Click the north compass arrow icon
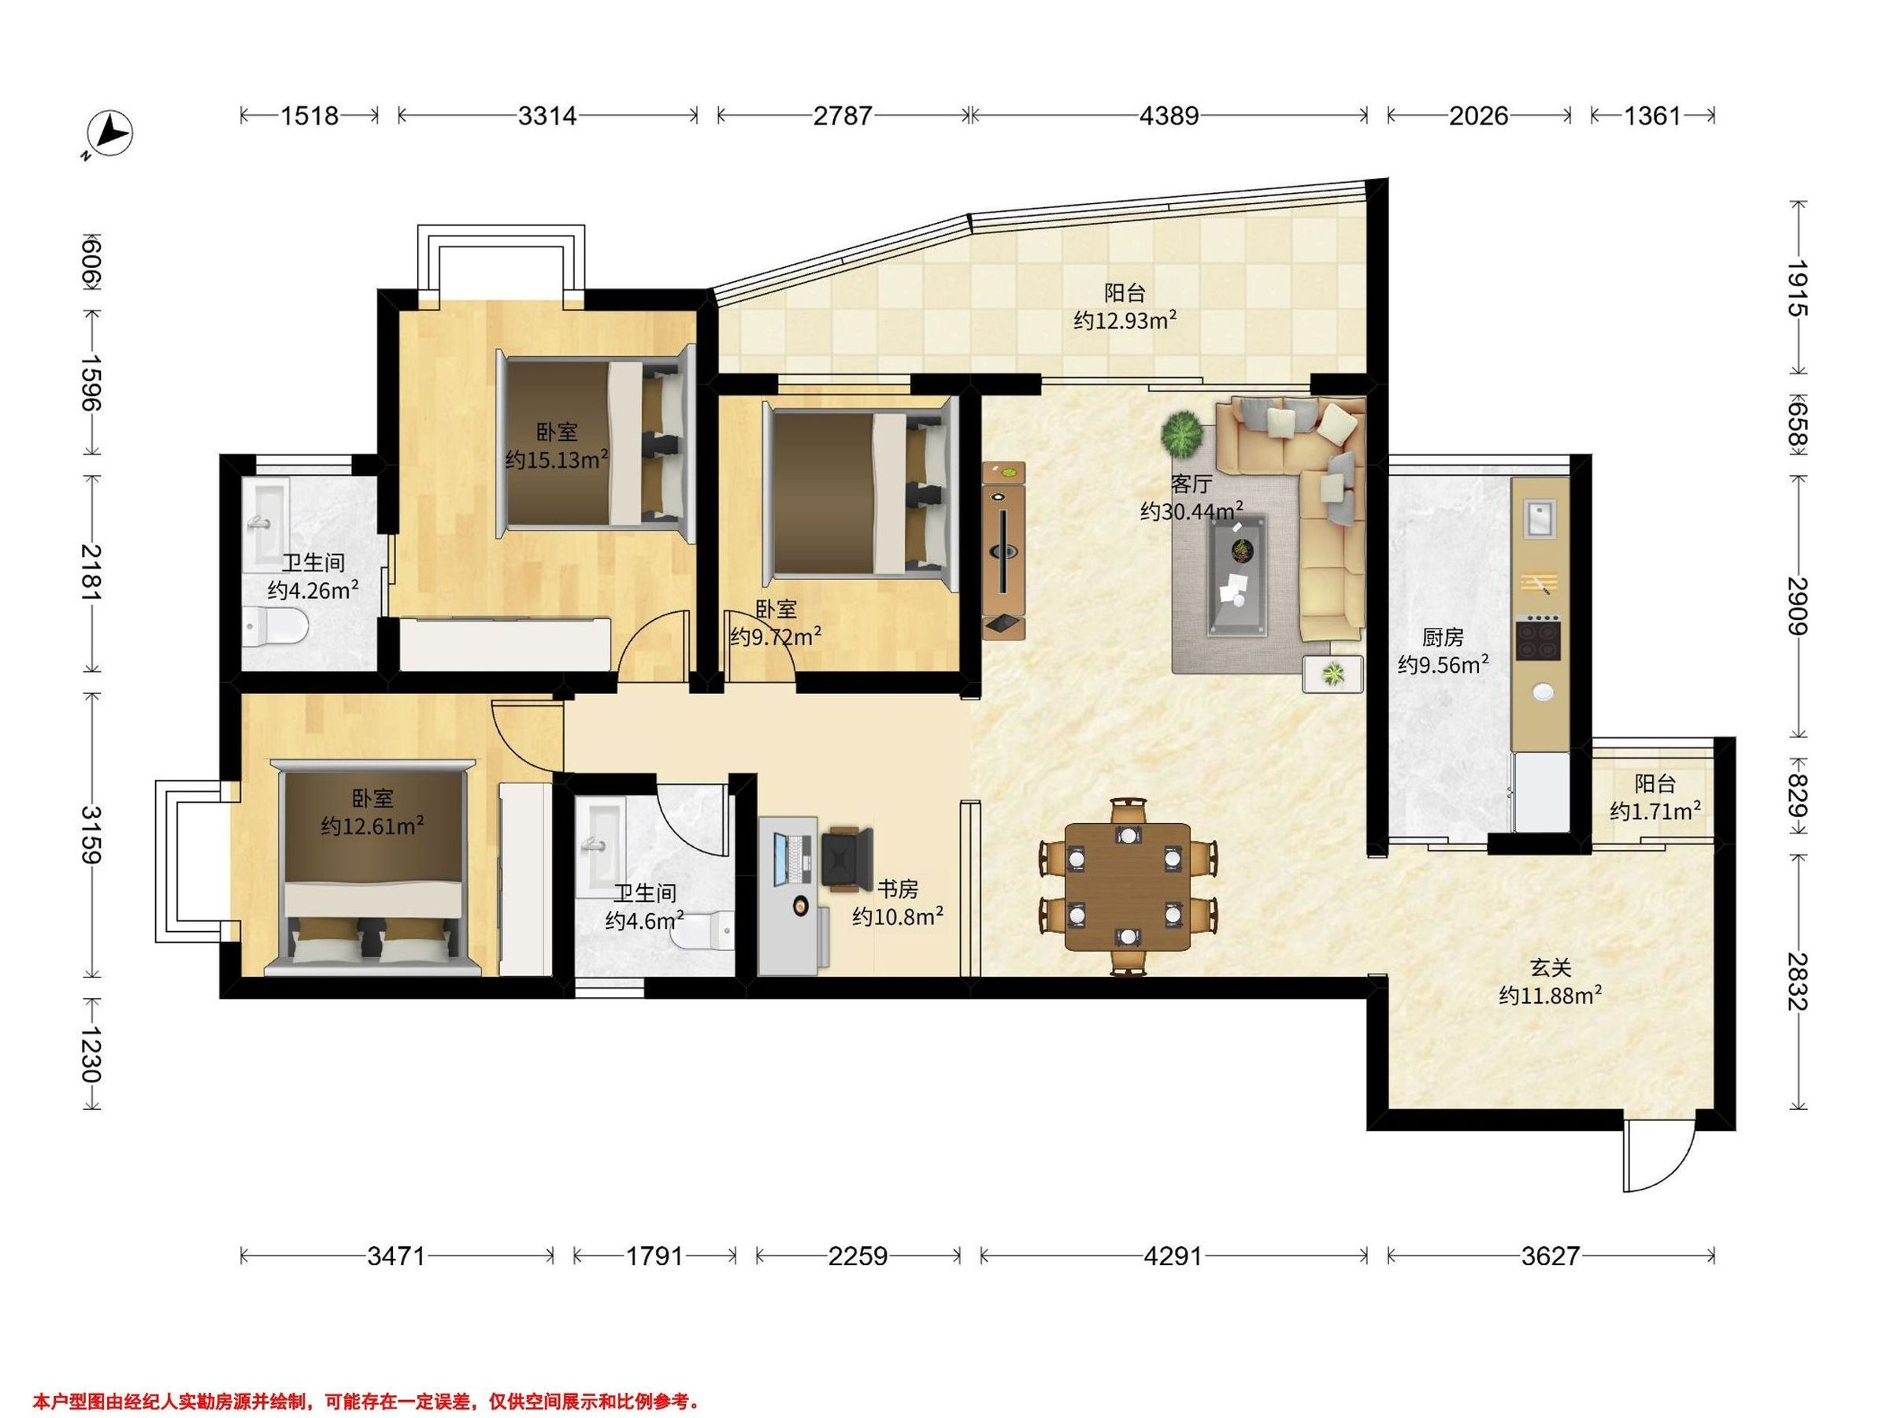pyautogui.click(x=110, y=135)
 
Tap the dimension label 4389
pyautogui.click(x=1169, y=115)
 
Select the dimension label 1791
pyautogui.click(x=654, y=1257)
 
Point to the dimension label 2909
pyautogui.click(x=1797, y=606)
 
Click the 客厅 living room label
pyautogui.click(x=1191, y=484)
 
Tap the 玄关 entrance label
pyautogui.click(x=1550, y=968)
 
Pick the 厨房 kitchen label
pyautogui.click(x=1442, y=637)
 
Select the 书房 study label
pyautogui.click(x=897, y=889)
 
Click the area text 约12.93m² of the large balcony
pyautogui.click(x=1125, y=321)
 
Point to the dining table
pyautogui.click(x=1127, y=886)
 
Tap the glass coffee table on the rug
pyautogui.click(x=1236, y=574)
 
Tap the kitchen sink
pyautogui.click(x=1540, y=520)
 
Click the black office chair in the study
pyautogui.click(x=847, y=859)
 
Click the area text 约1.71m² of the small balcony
pyautogui.click(x=1655, y=811)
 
